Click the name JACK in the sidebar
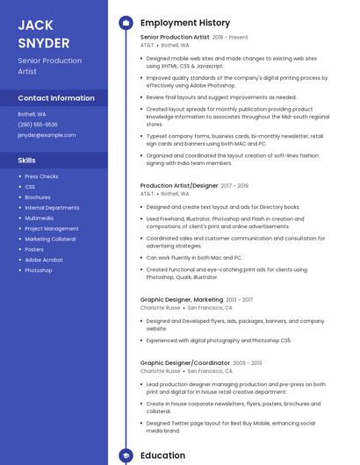[x=36, y=25]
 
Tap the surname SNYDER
[x=44, y=43]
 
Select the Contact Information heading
[x=56, y=98]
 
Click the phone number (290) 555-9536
[x=38, y=125]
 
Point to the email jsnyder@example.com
[x=47, y=135]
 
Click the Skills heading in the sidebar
[x=27, y=161]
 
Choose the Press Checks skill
[x=41, y=176]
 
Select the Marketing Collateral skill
[x=50, y=239]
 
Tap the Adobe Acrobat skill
[x=44, y=260]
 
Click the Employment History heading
[x=184, y=23]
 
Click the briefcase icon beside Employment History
[x=126, y=23]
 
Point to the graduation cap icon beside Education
[x=126, y=456]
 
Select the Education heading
[x=162, y=456]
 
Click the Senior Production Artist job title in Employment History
[x=175, y=38]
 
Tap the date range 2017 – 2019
[x=234, y=186]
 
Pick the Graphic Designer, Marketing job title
[x=182, y=299]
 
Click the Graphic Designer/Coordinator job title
[x=184, y=362]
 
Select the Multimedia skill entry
[x=39, y=218]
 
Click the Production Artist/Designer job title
[x=179, y=186]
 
